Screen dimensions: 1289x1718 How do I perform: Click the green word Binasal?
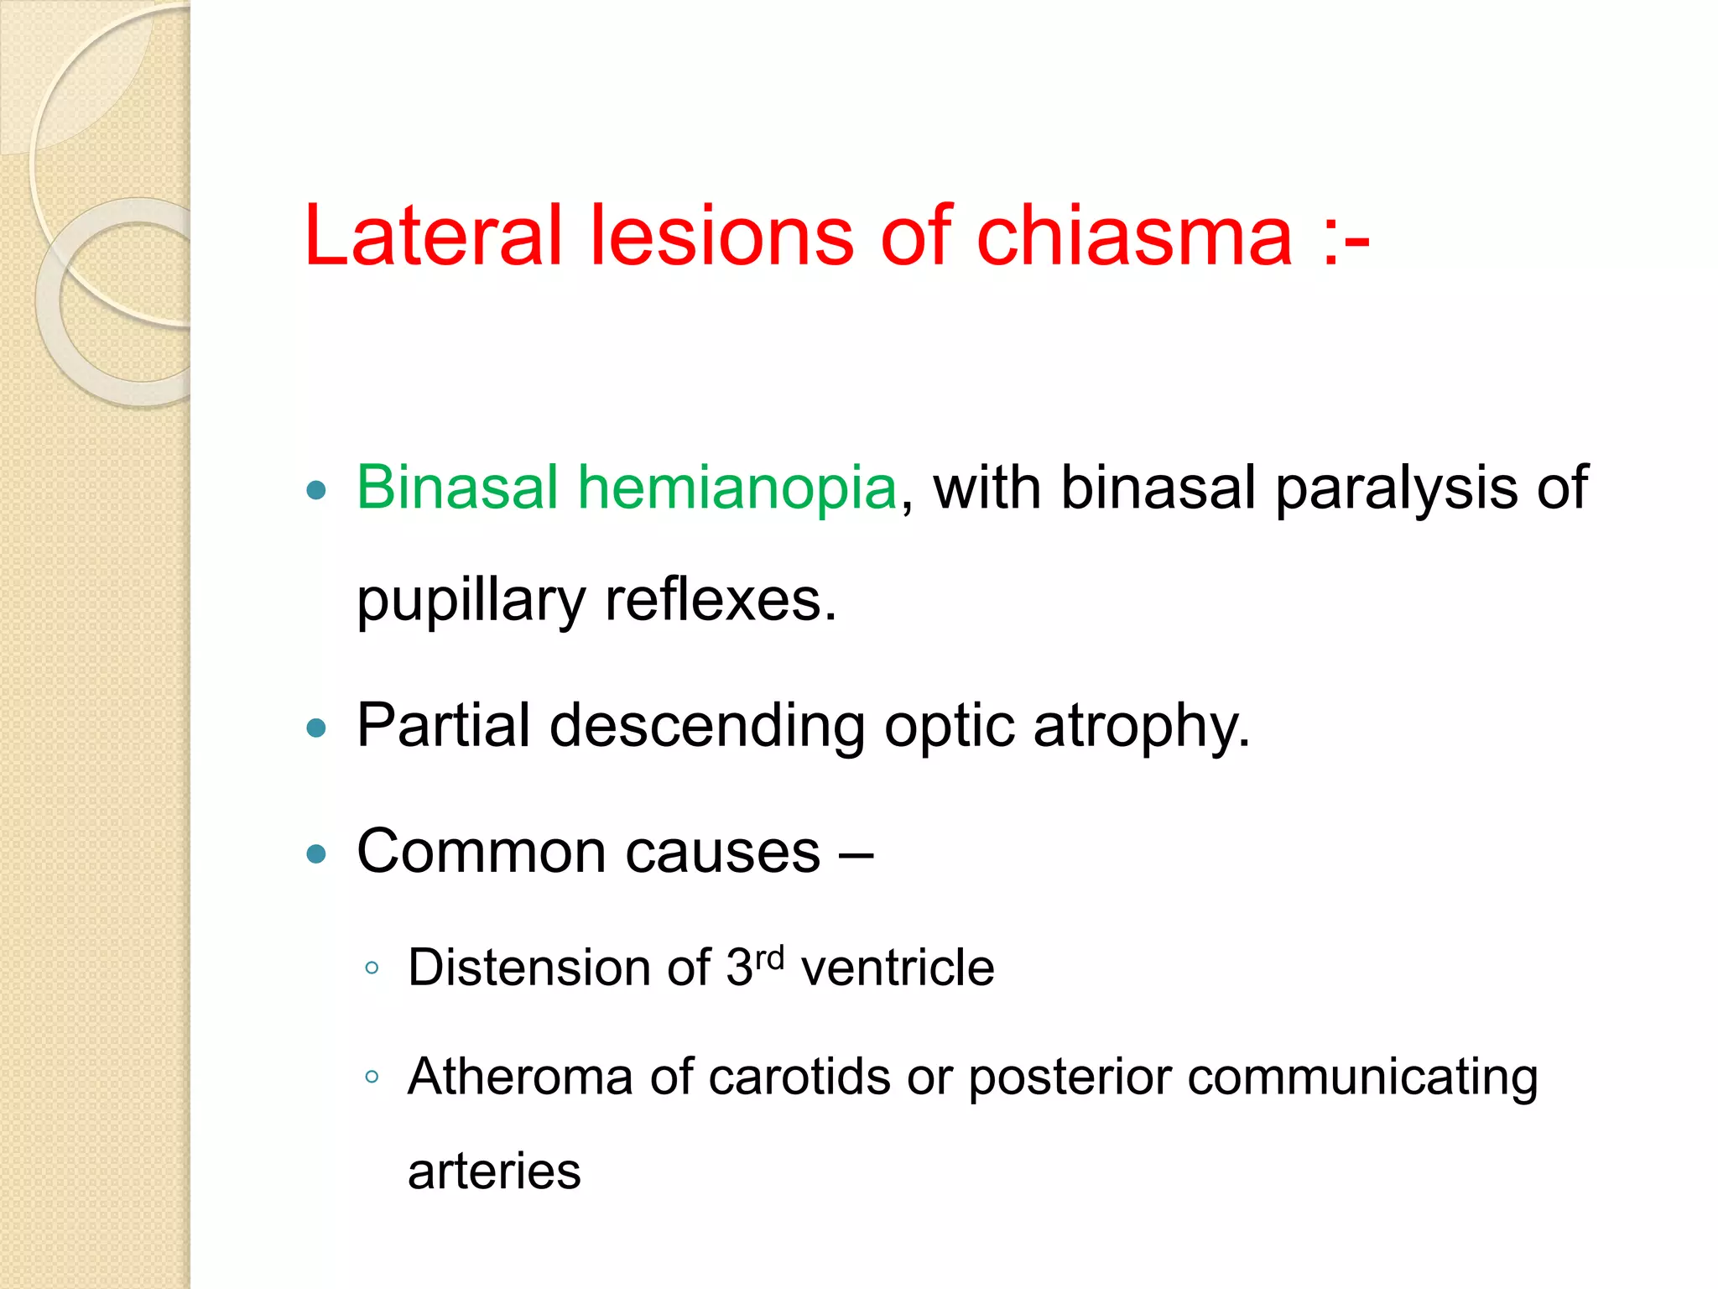click(x=457, y=488)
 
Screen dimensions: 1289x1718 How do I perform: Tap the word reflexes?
click(x=720, y=601)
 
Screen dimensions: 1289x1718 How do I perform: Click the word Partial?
click(x=444, y=725)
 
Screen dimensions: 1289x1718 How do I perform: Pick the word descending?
click(x=707, y=725)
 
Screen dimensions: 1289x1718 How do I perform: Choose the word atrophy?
click(x=1141, y=727)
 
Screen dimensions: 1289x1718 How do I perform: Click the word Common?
click(x=482, y=852)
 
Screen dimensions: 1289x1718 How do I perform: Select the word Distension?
click(x=528, y=968)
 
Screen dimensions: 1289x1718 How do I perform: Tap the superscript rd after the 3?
click(x=769, y=958)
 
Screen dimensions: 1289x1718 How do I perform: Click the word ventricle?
click(x=898, y=968)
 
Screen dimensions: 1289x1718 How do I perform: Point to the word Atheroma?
click(x=520, y=1077)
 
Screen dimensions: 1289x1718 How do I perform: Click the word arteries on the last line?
click(x=494, y=1172)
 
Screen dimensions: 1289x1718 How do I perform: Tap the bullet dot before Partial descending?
click(x=316, y=728)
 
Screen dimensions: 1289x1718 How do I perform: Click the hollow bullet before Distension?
click(x=372, y=968)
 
